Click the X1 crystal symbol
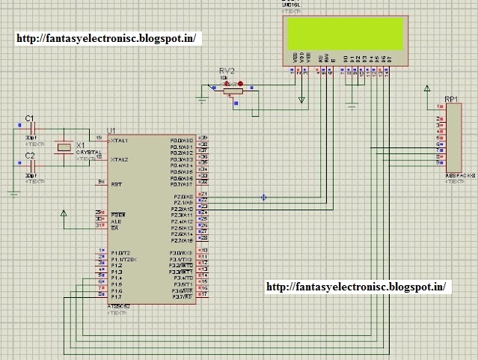click(65, 148)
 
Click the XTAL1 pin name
click(119, 140)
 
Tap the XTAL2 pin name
click(119, 159)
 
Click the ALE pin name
click(116, 221)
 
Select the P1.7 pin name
click(117, 296)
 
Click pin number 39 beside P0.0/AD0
click(203, 140)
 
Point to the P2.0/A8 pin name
click(182, 195)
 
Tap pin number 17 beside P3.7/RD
click(203, 296)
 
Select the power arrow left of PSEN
click(64, 215)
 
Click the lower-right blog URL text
click(356, 286)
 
